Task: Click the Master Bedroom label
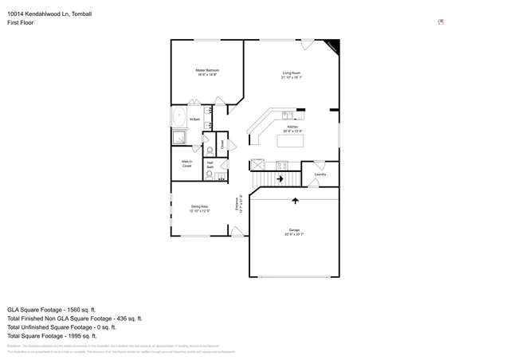click(x=207, y=70)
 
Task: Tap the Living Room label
click(x=291, y=74)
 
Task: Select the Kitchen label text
click(x=292, y=127)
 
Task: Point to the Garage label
click(x=294, y=230)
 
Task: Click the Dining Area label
click(x=199, y=206)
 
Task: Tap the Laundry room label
click(x=320, y=174)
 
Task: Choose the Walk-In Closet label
click(x=186, y=164)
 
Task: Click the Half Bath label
click(x=210, y=165)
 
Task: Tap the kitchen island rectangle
click(x=292, y=141)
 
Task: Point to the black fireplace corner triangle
click(x=334, y=46)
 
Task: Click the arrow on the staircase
click(x=280, y=179)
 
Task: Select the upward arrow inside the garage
click(x=296, y=201)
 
